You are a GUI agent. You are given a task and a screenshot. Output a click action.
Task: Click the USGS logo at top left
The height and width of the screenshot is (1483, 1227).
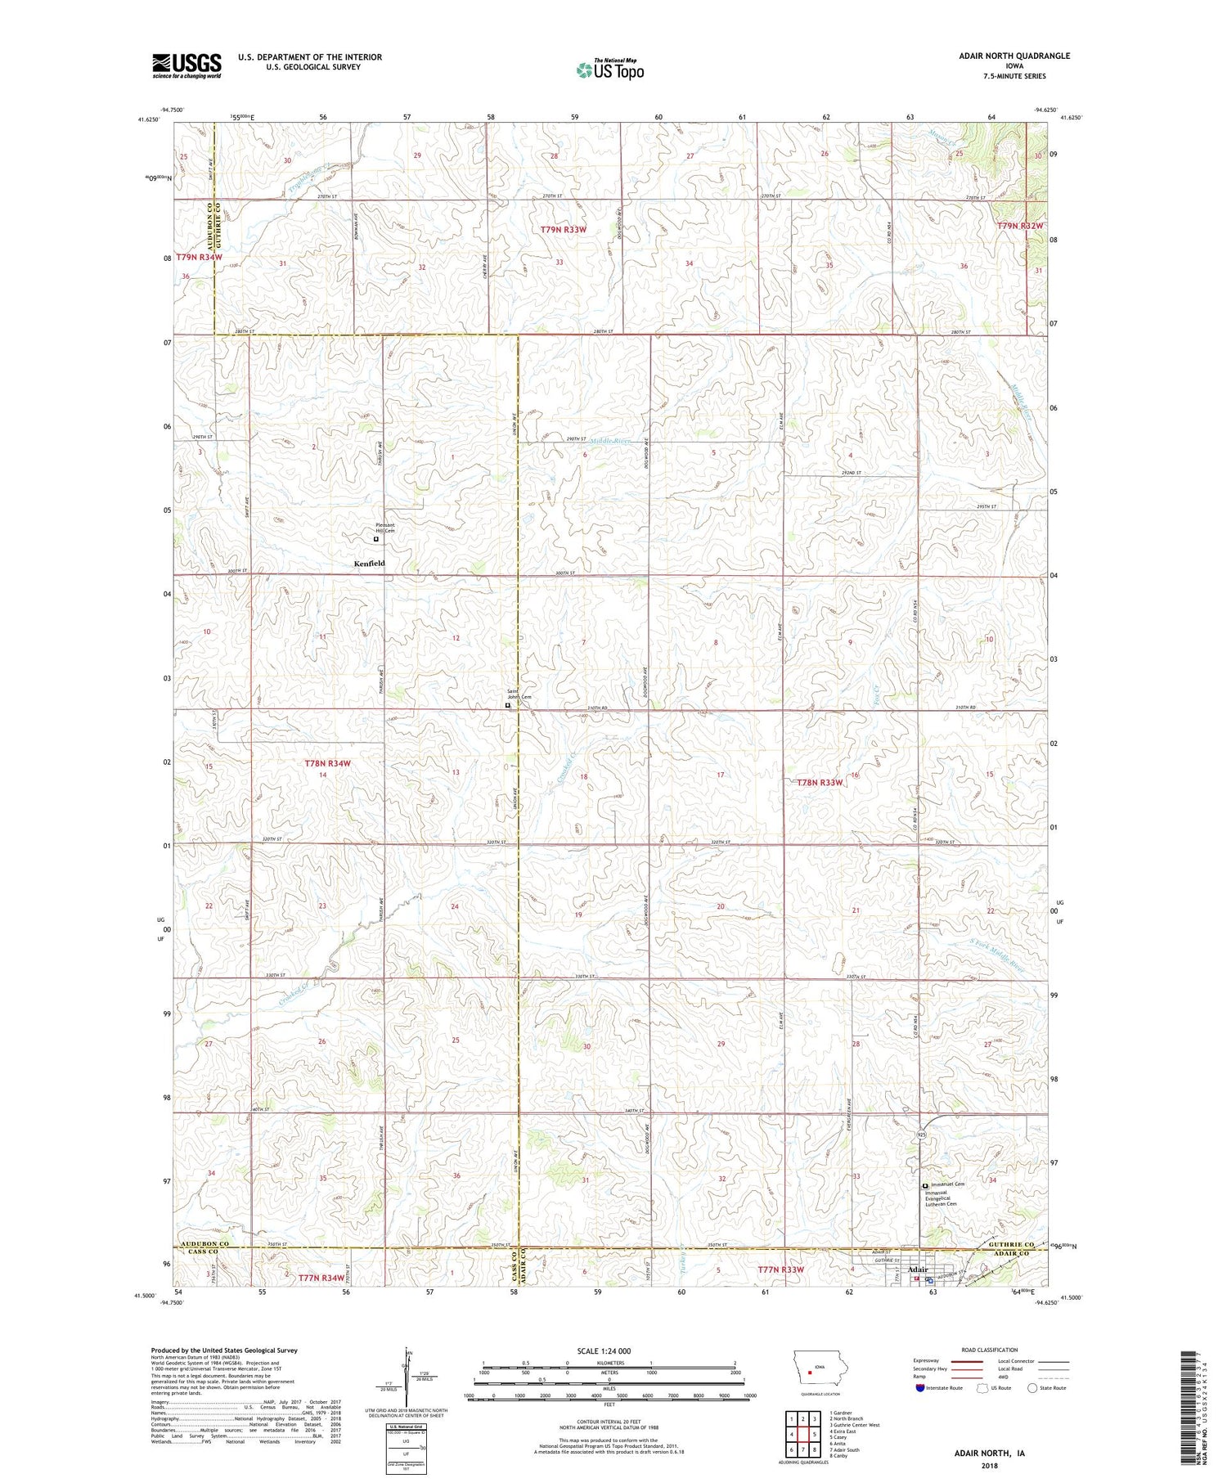tap(187, 65)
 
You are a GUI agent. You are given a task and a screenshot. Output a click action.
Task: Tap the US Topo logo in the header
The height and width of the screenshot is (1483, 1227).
tap(609, 70)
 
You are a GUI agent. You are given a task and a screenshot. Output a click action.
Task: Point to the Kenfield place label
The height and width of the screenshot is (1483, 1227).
tap(369, 564)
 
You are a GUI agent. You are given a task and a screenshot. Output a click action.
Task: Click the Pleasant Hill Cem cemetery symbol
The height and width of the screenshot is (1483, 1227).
tap(376, 540)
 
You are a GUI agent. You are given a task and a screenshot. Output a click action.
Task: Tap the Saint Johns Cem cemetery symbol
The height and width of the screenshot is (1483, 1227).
tap(507, 705)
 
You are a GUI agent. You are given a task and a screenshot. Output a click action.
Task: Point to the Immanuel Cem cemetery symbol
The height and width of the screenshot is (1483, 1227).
tap(925, 1185)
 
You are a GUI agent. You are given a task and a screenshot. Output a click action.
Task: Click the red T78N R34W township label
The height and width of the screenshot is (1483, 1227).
tap(327, 763)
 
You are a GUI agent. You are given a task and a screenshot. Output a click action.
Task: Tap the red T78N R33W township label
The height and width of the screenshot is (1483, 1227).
tap(820, 783)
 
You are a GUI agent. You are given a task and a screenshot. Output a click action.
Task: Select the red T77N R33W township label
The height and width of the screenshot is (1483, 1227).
tap(780, 1270)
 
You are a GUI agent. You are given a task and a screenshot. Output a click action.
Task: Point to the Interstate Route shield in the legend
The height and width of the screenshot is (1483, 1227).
tap(921, 1388)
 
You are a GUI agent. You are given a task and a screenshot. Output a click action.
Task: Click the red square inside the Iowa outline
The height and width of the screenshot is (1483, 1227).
tap(809, 1373)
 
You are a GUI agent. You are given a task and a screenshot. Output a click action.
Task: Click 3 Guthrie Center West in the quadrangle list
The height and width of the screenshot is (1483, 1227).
tap(854, 1425)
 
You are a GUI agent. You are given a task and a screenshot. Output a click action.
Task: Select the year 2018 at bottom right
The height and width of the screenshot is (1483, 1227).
tap(989, 1467)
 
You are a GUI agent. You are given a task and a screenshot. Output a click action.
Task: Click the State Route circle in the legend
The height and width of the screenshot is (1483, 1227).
tap(1032, 1388)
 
